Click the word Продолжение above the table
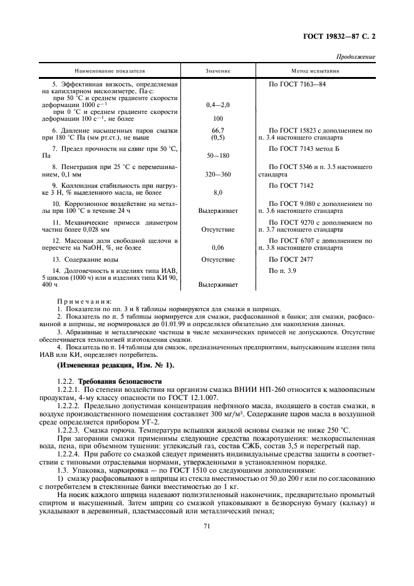pos(355,57)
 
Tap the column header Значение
pos(218,71)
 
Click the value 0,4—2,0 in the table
pos(218,105)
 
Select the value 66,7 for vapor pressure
pos(218,130)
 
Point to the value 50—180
pos(218,154)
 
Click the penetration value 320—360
pos(218,173)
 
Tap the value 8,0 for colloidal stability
pos(218,192)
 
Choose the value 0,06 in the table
pos(218,247)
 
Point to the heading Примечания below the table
pos(84,301)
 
